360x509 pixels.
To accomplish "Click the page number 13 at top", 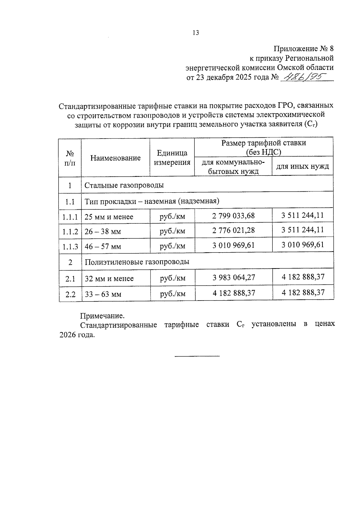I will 196,33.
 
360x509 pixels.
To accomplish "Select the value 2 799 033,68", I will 233,216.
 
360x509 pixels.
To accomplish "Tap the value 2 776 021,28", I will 233,230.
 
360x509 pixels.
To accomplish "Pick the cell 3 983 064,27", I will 234,277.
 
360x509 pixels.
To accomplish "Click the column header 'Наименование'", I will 115,158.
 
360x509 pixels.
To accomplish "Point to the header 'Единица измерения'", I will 172,158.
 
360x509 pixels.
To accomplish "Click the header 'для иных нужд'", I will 302,166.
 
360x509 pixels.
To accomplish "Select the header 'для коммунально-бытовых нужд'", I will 233,167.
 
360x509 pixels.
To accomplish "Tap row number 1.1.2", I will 70,232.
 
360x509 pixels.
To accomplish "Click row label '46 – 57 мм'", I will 103,247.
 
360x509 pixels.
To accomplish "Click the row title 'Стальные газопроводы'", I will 124,185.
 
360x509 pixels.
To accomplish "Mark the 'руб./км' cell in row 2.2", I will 172,294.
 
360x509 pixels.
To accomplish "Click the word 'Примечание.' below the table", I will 102,316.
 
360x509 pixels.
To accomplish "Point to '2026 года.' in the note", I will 77,335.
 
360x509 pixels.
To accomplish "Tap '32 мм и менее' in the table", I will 109,279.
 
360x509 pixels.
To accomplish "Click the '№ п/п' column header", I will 70,158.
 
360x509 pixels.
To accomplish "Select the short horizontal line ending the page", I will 197,356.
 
